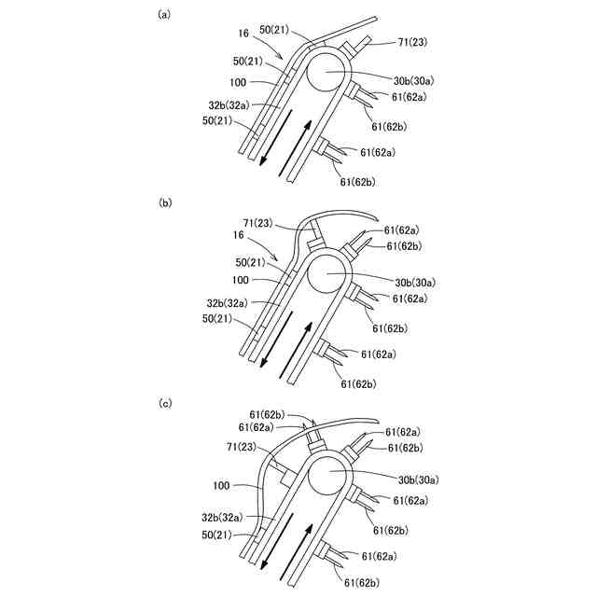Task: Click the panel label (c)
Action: pos(165,403)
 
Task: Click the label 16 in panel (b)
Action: pos(242,237)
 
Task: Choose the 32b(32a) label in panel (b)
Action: pos(228,303)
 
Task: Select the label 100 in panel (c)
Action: pos(221,486)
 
